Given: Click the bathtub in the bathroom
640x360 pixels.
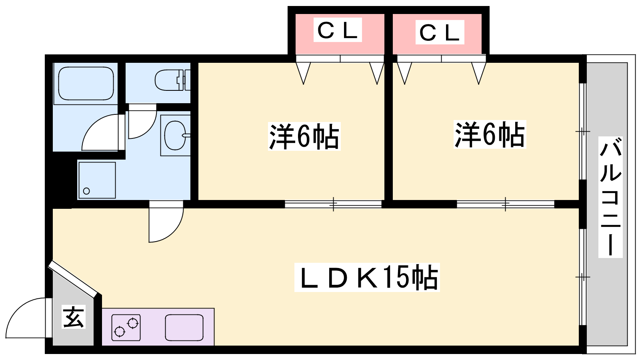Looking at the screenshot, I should [x=86, y=83].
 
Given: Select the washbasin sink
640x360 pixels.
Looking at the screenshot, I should [x=175, y=135].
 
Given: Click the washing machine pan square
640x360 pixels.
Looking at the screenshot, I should [x=97, y=180].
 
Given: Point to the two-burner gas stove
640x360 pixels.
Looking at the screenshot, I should [x=126, y=327].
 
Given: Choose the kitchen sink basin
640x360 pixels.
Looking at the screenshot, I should [x=184, y=327].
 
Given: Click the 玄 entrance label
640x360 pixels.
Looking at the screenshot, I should [x=74, y=317].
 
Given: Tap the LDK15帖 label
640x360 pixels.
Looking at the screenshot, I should [x=367, y=277].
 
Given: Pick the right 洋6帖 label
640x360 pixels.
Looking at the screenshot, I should [x=490, y=135].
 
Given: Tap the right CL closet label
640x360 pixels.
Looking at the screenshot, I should [x=439, y=32].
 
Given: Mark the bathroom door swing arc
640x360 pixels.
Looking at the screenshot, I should [x=100, y=132].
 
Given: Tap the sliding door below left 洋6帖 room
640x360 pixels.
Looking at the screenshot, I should [x=333, y=204].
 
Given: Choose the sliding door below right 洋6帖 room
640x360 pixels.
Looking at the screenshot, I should [x=505, y=204].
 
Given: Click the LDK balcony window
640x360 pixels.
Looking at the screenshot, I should [x=583, y=277].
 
